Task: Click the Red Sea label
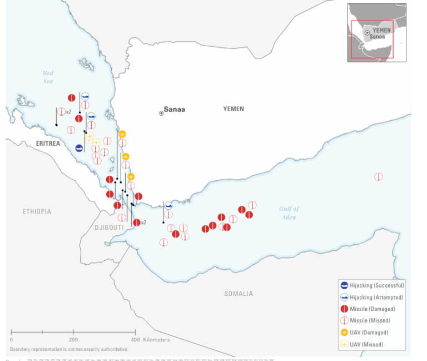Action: [x=48, y=77]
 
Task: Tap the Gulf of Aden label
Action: [x=289, y=212]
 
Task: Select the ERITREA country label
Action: [x=47, y=144]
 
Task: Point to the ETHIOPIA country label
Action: [x=37, y=211]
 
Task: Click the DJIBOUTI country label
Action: [x=108, y=228]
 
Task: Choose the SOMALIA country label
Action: [x=239, y=294]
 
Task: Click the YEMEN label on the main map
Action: [x=234, y=109]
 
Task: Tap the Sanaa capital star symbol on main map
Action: [x=161, y=113]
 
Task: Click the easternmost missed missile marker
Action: [x=378, y=177]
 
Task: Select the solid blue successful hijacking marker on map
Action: [x=80, y=148]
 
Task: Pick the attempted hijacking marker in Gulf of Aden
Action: [x=168, y=206]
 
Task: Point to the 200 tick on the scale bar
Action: [x=73, y=339]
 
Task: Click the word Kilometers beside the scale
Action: [x=156, y=339]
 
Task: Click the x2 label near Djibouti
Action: [x=143, y=222]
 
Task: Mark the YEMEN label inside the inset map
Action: [x=381, y=30]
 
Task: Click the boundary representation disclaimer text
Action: [x=69, y=349]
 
